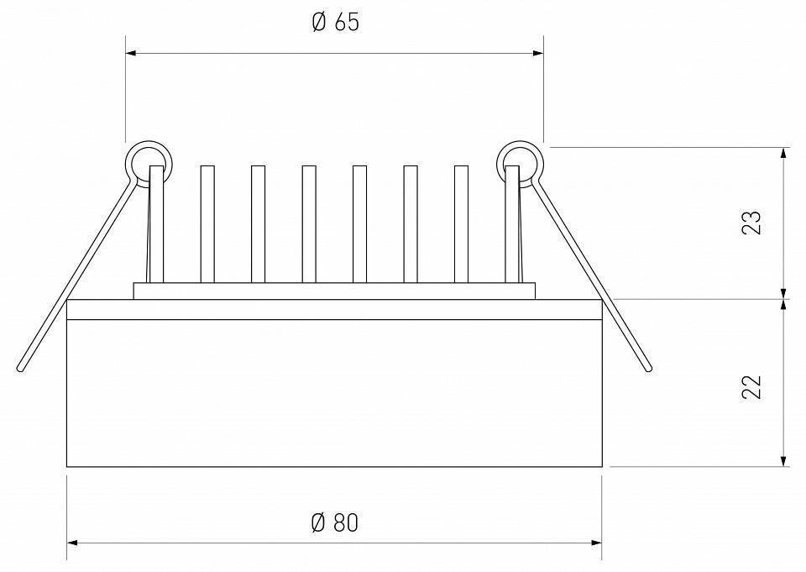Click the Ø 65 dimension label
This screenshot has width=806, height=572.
click(336, 22)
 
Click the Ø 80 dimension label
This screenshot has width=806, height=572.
click(335, 522)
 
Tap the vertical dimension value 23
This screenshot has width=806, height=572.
click(751, 223)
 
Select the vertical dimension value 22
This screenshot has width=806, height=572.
click(751, 387)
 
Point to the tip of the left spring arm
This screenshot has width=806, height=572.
click(20, 369)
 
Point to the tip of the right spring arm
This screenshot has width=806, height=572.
click(649, 368)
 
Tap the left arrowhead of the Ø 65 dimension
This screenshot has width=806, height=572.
click(131, 53)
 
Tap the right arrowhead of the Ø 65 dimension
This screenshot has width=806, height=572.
click(538, 53)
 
